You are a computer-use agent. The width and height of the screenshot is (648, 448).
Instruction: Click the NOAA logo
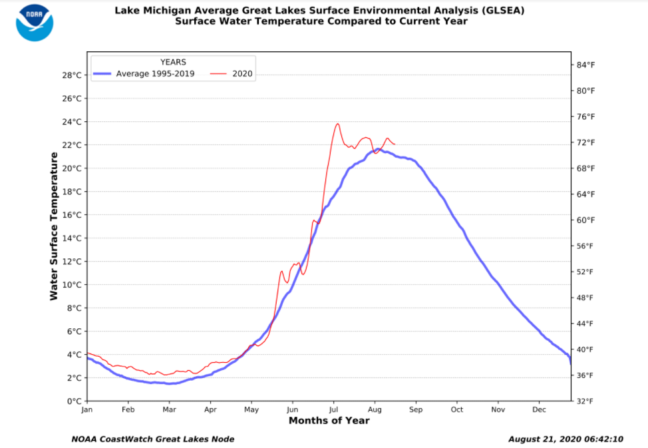[35, 23]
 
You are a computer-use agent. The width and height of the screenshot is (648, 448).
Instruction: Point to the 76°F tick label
[585, 116]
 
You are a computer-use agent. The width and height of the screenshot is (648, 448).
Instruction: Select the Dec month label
[540, 409]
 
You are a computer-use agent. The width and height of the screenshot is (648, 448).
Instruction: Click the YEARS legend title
[173, 62]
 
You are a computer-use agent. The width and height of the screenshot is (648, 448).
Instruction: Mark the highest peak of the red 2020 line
[338, 124]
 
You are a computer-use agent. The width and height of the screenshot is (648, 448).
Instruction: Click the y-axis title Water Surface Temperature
[54, 226]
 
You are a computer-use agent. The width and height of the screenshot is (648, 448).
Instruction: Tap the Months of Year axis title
[329, 421]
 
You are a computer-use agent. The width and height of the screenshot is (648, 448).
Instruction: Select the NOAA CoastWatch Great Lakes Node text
[152, 439]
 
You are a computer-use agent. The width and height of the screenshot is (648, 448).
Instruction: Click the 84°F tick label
[585, 65]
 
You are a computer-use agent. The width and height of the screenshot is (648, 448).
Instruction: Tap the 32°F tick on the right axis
[585, 401]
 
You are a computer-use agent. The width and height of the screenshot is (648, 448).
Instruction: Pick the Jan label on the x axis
[87, 409]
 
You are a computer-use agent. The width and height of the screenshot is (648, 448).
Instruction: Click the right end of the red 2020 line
[395, 144]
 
